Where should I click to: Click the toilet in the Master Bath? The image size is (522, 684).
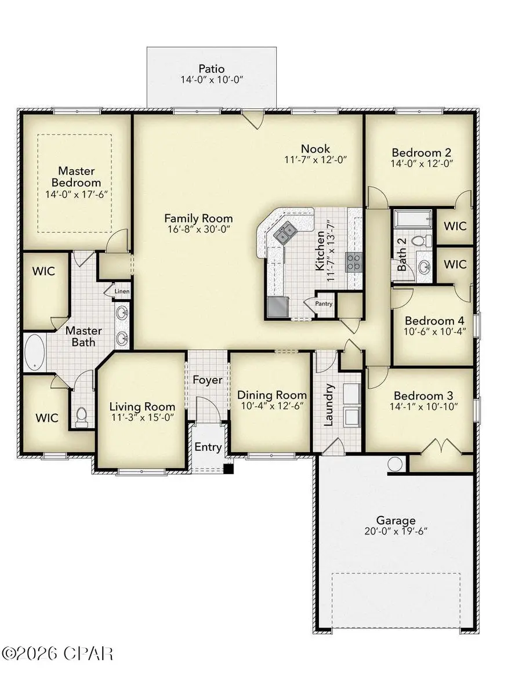[82, 417]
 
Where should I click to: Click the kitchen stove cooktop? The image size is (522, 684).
[354, 262]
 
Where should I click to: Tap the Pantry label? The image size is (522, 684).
[322, 303]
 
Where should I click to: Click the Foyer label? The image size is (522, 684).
[207, 380]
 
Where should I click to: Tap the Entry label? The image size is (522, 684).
[207, 447]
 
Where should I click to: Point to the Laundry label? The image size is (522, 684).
[328, 404]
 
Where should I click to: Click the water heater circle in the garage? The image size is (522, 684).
[395, 464]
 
